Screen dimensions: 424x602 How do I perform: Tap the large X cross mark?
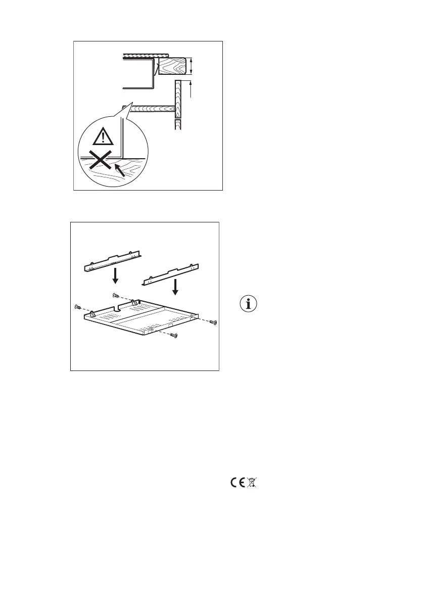click(x=99, y=162)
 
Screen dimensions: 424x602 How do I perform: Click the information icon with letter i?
click(x=248, y=305)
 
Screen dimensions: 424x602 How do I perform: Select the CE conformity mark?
click(x=238, y=483)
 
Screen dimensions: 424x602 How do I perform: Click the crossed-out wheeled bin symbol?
click(x=253, y=483)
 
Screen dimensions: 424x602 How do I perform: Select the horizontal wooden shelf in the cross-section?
click(x=152, y=107)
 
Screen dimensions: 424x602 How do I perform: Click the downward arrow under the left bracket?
click(x=115, y=276)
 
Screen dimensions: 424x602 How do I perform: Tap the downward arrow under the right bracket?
click(x=174, y=287)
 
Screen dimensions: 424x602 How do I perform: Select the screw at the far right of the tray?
click(x=213, y=322)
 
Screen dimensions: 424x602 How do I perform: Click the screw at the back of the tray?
click(x=115, y=295)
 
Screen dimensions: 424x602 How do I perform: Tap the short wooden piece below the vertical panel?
click(x=178, y=124)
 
